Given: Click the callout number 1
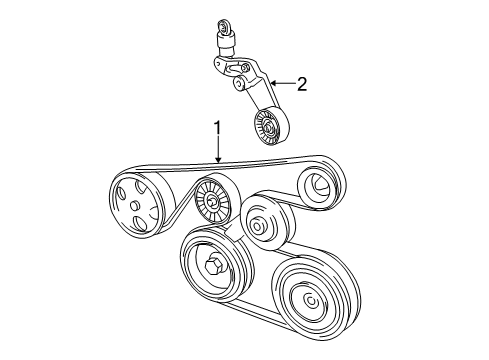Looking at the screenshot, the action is [x=217, y=128].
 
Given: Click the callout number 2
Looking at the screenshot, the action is [x=301, y=84].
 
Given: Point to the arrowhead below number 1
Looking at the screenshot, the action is [x=218, y=159].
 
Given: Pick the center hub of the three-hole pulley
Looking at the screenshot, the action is [x=134, y=206].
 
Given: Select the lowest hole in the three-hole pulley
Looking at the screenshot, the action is [x=140, y=223].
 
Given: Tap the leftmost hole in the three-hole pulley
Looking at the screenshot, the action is [x=121, y=193].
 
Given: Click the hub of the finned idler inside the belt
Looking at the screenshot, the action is [x=211, y=202].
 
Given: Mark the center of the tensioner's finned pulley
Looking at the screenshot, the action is [x=268, y=126].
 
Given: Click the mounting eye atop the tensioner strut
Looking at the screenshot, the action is [x=222, y=27].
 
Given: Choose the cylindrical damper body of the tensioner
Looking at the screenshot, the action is [x=226, y=43].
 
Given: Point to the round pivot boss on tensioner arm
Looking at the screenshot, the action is [x=239, y=82].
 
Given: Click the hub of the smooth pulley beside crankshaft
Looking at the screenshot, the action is [x=257, y=227].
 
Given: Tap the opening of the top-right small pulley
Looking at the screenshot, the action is [x=317, y=187].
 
